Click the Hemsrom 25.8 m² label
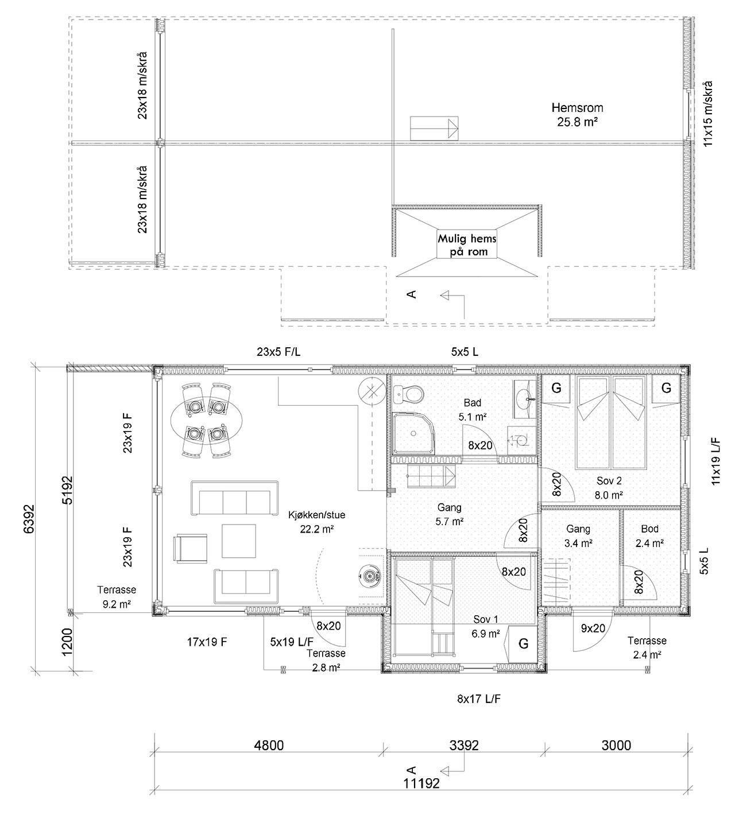(x=577, y=115)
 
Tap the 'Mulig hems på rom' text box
(x=467, y=244)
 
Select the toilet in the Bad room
(x=409, y=394)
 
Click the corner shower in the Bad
(x=413, y=433)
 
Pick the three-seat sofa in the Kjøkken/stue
(x=234, y=498)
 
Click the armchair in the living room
(x=190, y=549)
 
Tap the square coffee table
(x=239, y=541)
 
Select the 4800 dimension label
(x=269, y=745)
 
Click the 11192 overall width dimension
(x=421, y=784)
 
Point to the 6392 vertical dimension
(x=29, y=519)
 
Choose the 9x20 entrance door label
(x=593, y=628)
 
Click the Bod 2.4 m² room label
(x=649, y=536)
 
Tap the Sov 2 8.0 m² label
(x=609, y=488)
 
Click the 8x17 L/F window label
(x=479, y=699)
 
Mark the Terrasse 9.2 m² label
(x=117, y=597)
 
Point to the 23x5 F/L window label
(x=278, y=352)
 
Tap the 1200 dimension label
(x=67, y=642)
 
